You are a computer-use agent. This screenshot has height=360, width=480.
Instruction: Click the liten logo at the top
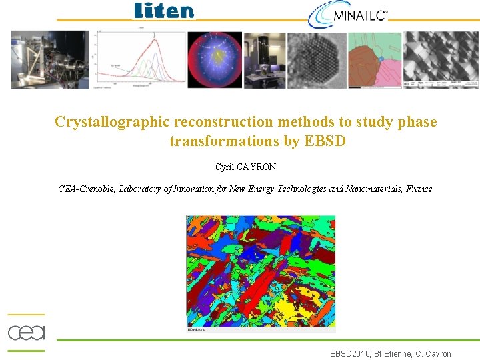coord(164,11)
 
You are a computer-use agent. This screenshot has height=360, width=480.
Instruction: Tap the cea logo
coord(26,332)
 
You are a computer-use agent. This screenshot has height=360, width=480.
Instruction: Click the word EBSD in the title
coord(325,141)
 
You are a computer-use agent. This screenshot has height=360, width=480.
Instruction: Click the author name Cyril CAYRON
coord(245,167)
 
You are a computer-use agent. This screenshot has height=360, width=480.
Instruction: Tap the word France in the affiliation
coord(418,189)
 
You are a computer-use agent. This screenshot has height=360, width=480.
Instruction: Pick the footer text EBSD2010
coord(351,354)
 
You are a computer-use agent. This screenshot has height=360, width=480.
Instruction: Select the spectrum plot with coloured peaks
coord(139,60)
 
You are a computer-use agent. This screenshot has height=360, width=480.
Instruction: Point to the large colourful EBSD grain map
coord(261,272)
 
